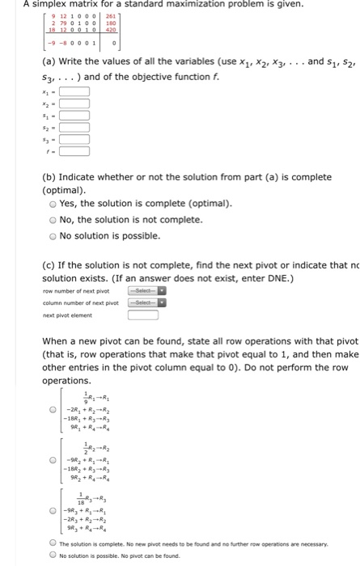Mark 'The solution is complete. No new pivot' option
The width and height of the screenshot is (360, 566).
53,544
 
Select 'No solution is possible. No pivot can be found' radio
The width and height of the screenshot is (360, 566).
53,556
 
